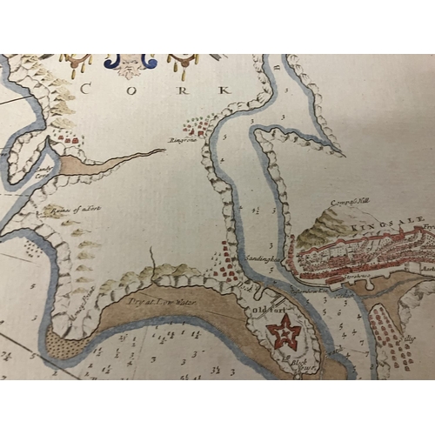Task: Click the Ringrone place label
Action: [184, 137]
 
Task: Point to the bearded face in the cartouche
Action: [128, 63]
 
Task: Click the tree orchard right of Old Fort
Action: [387, 335]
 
